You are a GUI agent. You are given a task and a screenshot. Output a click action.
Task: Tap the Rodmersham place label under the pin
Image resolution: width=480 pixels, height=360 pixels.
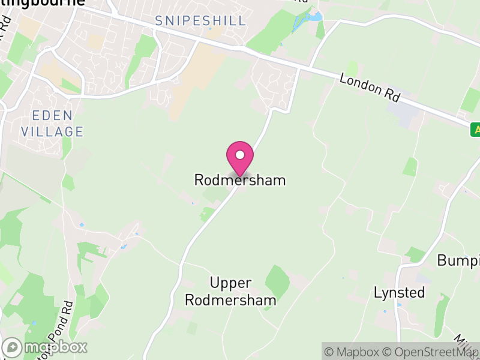coord(240,180)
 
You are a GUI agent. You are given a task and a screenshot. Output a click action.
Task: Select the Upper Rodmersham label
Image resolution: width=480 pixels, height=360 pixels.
coord(230,291)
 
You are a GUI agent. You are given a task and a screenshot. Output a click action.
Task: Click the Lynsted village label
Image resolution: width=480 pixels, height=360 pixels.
coord(399,293)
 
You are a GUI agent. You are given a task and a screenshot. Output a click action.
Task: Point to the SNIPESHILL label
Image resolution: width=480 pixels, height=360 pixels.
coord(200,21)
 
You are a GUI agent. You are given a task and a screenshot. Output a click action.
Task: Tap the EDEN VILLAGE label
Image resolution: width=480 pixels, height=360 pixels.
coord(52,123)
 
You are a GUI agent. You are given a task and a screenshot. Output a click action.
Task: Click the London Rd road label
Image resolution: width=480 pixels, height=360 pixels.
coord(369,88)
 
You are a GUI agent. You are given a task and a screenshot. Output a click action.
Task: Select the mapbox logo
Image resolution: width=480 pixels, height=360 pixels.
coord(46,347)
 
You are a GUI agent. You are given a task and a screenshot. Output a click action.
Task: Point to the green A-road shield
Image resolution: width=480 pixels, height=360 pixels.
coord(475,129)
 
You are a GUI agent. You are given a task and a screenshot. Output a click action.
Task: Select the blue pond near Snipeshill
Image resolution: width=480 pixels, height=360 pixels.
coord(306,22)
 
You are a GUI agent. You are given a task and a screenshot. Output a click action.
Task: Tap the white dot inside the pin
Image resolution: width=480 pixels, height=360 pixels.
coord(240,155)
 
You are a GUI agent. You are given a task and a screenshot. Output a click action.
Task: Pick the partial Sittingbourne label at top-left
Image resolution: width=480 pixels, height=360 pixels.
coord(42,3)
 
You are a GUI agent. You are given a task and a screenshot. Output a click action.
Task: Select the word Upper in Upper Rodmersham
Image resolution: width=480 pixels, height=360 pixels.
coord(230,283)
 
